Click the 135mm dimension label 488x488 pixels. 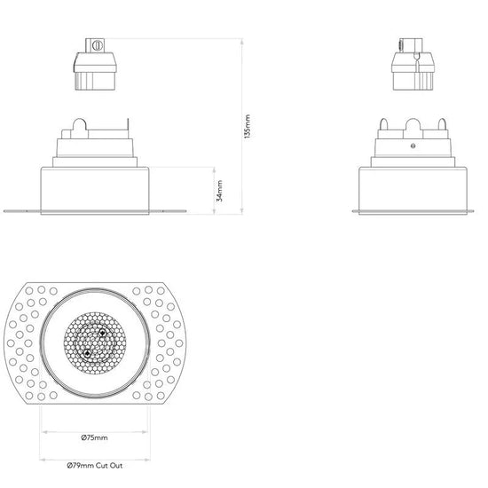click(x=248, y=127)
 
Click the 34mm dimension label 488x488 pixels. click(x=219, y=191)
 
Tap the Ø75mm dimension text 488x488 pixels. click(x=95, y=437)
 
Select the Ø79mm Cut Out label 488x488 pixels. click(x=95, y=466)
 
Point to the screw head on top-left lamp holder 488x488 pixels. click(x=98, y=45)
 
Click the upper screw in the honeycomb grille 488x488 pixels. click(x=102, y=333)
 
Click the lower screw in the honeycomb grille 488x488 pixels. click(x=87, y=353)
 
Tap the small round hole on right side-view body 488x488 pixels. click(x=413, y=146)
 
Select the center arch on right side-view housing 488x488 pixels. click(x=413, y=124)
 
